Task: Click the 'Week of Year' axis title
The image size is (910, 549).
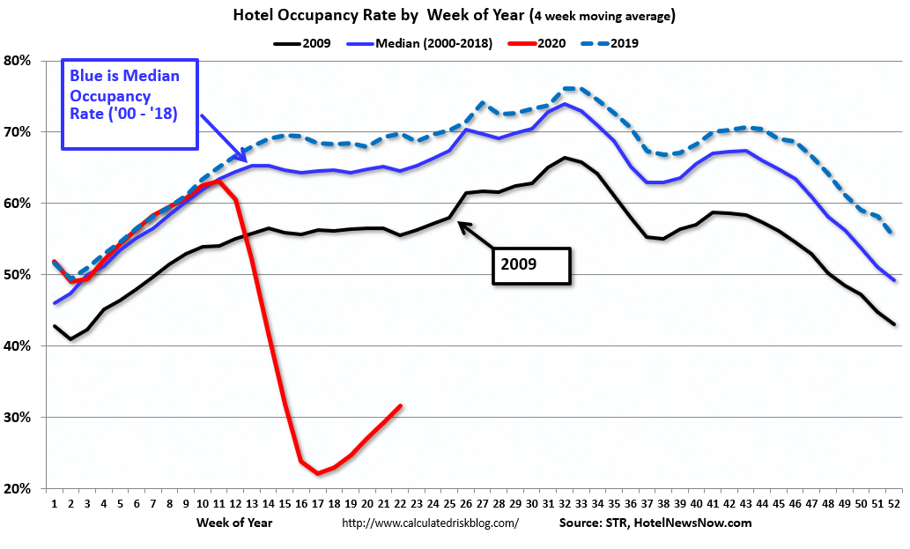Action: tap(235, 523)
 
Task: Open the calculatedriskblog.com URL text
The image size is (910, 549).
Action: tap(429, 523)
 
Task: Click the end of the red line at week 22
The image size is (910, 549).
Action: tap(402, 405)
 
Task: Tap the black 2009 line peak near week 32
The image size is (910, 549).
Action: tap(565, 158)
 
